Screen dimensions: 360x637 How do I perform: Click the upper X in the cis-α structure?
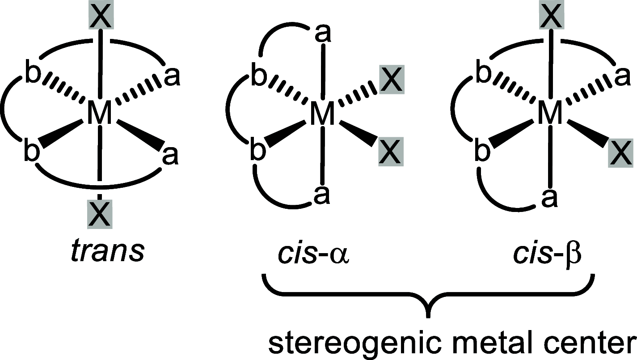click(392, 80)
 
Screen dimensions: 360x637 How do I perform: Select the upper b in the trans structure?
click(32, 75)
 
